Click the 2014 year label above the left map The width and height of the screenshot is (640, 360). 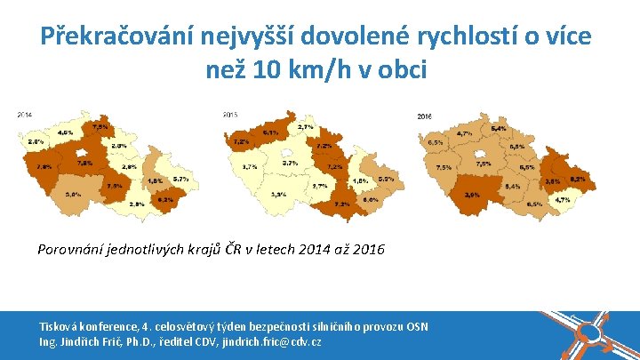click(x=24, y=115)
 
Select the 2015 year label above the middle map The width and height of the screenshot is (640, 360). click(x=229, y=115)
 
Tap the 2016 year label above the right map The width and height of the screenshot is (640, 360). click(x=425, y=116)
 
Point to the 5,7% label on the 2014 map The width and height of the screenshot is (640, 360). click(x=180, y=180)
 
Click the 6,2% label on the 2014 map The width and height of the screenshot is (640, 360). click(x=165, y=200)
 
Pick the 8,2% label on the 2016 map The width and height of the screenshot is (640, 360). click(x=577, y=180)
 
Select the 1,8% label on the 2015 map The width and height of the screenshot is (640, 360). click(x=360, y=181)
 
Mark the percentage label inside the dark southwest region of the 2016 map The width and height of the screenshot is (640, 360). click(x=472, y=195)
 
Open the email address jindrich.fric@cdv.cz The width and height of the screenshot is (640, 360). click(x=268, y=341)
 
